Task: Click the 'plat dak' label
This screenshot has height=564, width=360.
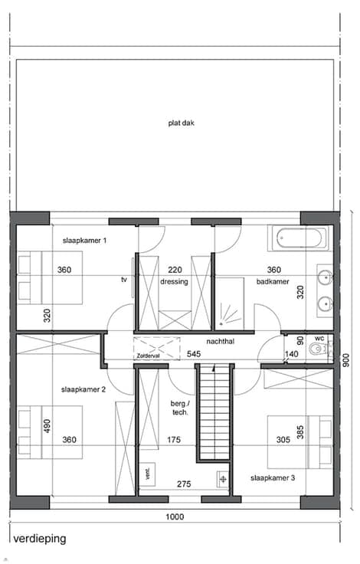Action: [182, 123]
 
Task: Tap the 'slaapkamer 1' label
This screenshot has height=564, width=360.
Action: [84, 241]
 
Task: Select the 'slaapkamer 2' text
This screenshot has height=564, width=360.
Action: [83, 389]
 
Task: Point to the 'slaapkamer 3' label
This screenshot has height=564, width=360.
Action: [273, 478]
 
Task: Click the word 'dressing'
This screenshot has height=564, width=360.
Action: [174, 282]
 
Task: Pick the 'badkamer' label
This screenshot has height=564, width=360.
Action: [273, 282]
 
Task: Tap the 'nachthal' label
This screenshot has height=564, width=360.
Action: [220, 341]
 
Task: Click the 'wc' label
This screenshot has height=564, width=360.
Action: [319, 339]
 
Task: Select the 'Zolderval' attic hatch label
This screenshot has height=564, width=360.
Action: [148, 356]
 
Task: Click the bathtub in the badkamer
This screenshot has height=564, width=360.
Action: [299, 238]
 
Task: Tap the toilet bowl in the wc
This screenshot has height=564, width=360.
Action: [317, 349]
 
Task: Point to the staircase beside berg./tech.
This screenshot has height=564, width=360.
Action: [214, 412]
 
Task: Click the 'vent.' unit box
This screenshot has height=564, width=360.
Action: [148, 474]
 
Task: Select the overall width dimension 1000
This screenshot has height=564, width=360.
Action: [175, 517]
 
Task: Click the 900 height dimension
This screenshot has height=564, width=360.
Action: [346, 360]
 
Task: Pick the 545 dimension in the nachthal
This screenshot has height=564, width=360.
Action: [194, 354]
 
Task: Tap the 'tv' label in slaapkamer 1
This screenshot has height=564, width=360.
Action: [124, 280]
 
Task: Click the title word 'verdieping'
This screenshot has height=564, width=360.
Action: [40, 539]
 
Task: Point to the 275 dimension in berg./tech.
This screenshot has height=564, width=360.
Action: [184, 484]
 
